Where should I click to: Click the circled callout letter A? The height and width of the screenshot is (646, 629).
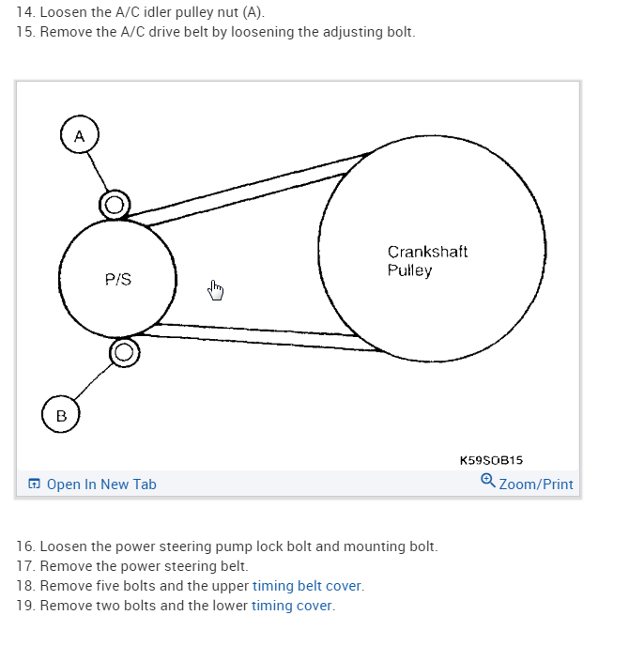point(80,136)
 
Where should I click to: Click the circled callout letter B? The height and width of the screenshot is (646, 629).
point(61,415)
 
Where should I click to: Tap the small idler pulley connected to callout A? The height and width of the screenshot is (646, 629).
point(115,204)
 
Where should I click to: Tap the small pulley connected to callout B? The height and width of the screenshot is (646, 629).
point(124,353)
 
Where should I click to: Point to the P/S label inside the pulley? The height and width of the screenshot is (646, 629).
point(118,279)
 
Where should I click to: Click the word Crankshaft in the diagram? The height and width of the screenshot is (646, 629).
point(427,252)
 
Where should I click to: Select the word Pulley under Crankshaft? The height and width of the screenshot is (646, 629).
point(409,270)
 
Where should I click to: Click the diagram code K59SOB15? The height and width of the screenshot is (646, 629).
point(491,460)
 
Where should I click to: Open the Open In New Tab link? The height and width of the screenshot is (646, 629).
point(101,484)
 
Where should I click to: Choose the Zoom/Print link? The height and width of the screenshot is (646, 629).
point(536,484)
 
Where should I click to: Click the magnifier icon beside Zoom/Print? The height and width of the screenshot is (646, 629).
point(488,482)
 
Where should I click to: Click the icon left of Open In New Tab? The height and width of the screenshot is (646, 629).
point(34,484)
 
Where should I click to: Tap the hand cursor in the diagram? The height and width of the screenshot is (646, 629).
point(216,290)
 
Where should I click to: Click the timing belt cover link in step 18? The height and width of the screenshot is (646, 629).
point(307,586)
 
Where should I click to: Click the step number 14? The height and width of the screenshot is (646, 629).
point(25,12)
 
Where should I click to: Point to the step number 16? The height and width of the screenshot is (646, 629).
point(25,546)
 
